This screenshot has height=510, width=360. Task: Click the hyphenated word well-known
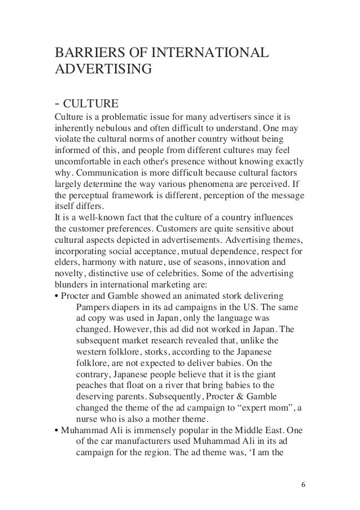click(94, 223)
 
